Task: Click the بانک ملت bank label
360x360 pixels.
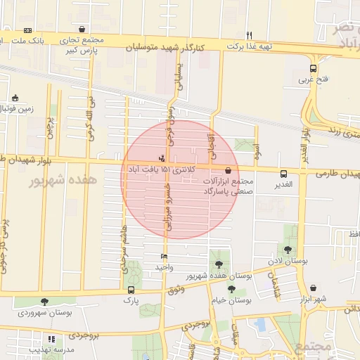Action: coord(51,40)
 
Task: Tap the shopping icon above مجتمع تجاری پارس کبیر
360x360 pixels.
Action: coord(83,30)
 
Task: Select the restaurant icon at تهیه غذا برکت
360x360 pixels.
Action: coord(249,35)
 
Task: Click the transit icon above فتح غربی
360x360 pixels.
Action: coord(313,69)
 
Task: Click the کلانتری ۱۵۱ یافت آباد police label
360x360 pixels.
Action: coord(161,169)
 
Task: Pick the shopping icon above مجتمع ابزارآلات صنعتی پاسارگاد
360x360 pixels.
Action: coord(228,170)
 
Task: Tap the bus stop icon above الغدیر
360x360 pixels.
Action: coord(283,174)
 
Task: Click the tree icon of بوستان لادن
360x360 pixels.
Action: coord(288,250)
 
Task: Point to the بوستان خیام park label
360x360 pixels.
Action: coord(232,300)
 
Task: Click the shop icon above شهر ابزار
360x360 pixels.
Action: coord(312,288)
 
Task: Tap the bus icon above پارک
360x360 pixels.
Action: coord(131,290)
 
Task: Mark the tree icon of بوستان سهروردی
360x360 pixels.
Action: coord(45,302)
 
